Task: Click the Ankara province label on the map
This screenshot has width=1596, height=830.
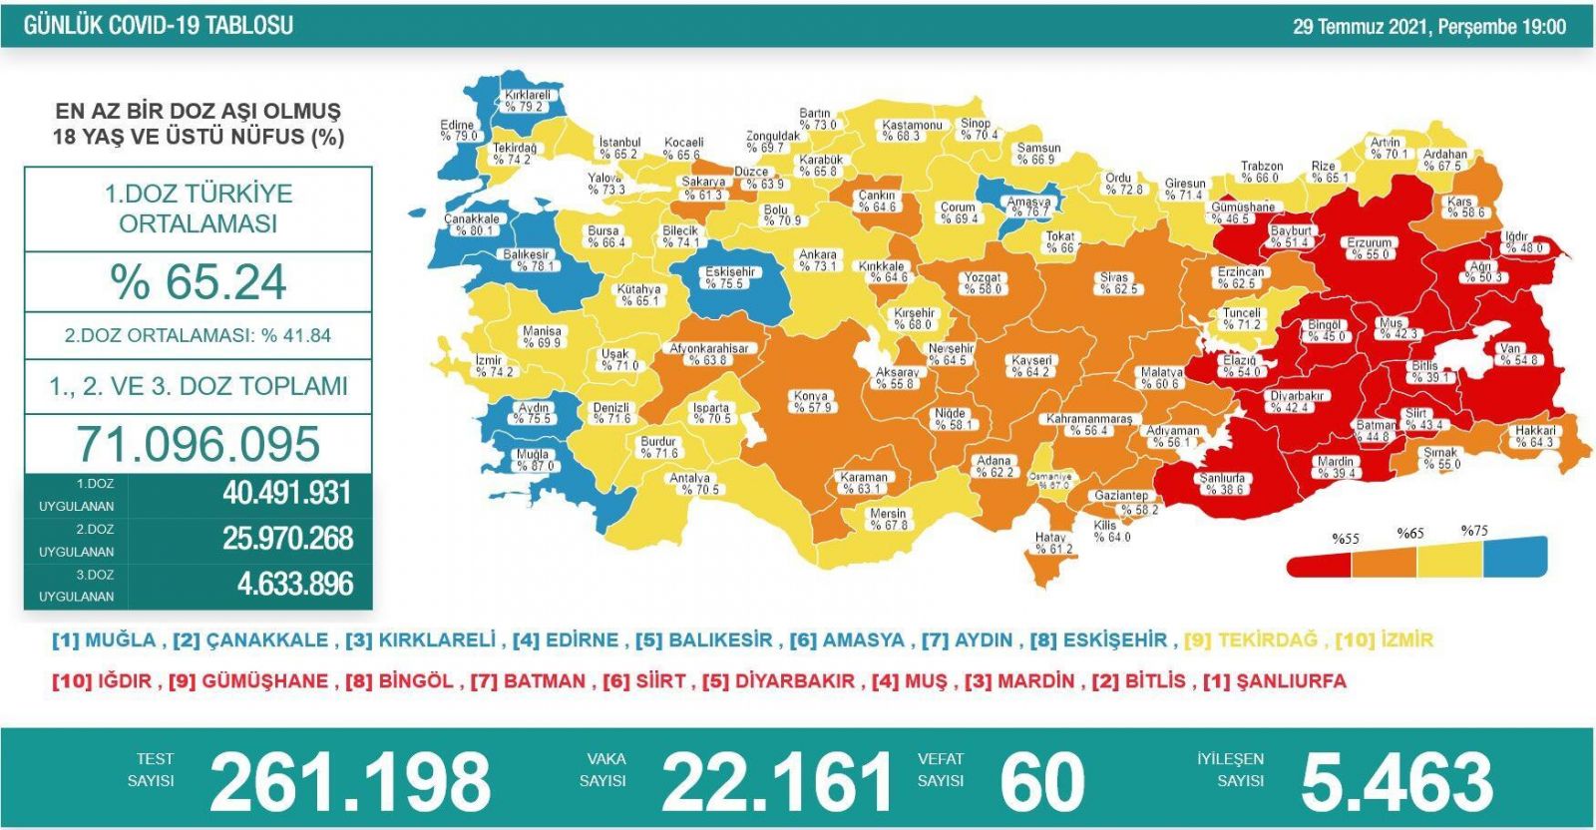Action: coord(818,260)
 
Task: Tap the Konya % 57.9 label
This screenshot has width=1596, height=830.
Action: coord(812,402)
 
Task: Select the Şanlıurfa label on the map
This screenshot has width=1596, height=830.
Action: coord(1223,484)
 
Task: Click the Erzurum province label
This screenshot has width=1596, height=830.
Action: coord(1369,248)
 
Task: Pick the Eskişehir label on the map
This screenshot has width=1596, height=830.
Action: coord(729,277)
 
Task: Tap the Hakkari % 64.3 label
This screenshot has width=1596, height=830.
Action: coord(1534,436)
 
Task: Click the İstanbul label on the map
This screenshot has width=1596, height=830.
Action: coord(618,149)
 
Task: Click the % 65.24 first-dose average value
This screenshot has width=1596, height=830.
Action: coord(199,282)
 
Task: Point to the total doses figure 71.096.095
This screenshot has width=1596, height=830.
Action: coord(199,444)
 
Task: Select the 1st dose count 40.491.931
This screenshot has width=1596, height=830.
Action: coord(287,493)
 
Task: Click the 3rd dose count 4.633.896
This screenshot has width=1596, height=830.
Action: coord(295,584)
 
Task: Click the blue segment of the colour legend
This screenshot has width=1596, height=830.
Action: coord(1514,557)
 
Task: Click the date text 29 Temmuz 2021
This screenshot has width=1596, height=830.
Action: coord(1361,27)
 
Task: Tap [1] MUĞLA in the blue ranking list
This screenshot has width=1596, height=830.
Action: coord(104,640)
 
